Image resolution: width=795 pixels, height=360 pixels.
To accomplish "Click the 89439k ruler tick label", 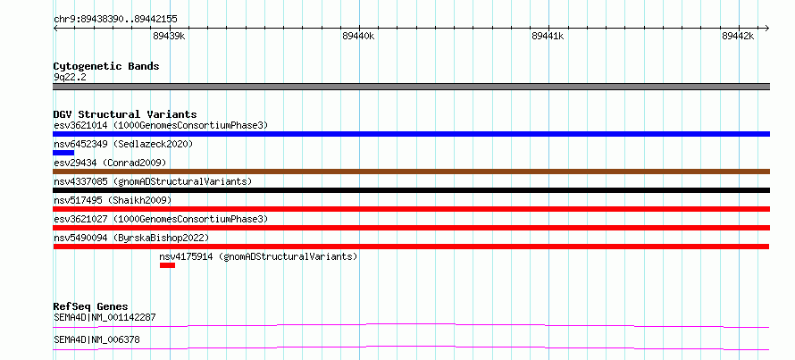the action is coord(169,36).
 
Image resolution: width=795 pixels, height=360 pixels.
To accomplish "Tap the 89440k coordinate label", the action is coord(358,36).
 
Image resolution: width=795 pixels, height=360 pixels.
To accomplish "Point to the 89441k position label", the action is coord(548,36).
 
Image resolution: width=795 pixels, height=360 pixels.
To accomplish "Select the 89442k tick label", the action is coord(738,36).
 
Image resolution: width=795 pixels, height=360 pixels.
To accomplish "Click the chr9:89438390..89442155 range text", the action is coord(115,20).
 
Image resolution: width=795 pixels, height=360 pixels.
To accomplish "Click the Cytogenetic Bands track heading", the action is coord(106,66).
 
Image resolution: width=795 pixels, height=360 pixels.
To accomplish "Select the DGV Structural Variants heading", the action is coord(125,114).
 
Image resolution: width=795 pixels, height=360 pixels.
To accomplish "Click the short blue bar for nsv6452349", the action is coord(63,153).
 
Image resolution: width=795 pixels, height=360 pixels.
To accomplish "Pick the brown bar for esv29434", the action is coord(411,172).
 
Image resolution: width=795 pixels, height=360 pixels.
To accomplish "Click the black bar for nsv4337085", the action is coord(411,190).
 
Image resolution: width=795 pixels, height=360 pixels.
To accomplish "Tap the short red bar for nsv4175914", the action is coord(167,265).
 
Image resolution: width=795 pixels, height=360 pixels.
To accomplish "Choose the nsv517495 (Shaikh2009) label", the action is coord(113,200).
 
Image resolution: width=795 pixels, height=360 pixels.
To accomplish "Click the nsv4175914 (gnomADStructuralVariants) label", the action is coord(258,256).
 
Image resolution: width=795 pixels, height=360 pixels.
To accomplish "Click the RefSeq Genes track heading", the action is coord(91,306).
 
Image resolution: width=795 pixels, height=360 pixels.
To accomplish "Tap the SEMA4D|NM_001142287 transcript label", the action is coord(105,318).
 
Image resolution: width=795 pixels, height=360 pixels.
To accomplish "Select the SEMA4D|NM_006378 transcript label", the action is coord(96,339).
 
